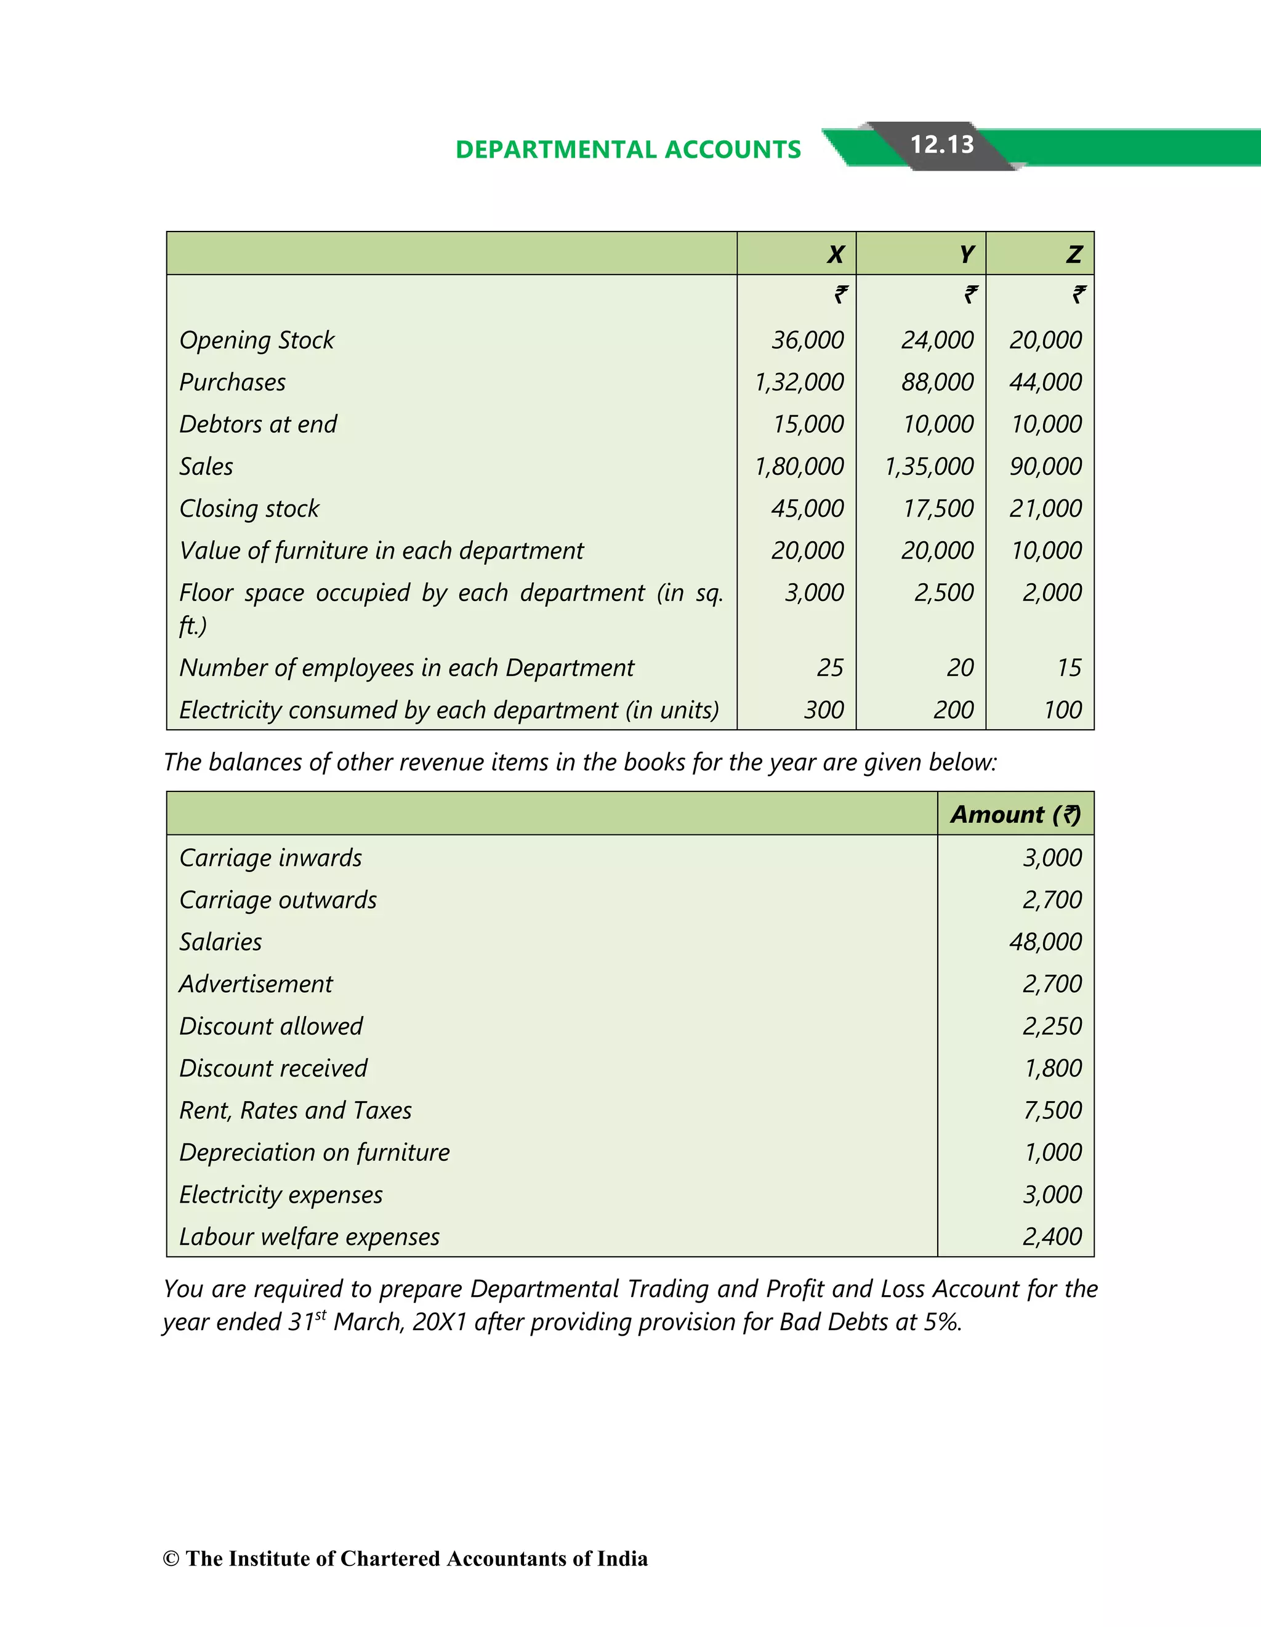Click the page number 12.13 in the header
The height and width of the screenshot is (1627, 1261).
941,145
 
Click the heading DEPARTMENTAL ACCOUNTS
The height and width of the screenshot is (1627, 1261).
628,150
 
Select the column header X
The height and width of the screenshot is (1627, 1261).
835,255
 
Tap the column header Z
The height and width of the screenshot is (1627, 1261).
1073,255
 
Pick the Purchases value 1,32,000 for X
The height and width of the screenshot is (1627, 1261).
799,382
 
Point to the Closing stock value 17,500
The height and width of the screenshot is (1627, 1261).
938,509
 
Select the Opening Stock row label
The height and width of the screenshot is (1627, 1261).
257,341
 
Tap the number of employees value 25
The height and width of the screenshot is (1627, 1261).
830,668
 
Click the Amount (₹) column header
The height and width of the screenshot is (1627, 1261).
1015,814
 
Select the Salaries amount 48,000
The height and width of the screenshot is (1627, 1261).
1045,942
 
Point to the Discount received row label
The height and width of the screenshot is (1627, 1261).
273,1068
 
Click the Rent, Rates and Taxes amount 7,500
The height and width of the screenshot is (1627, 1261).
1052,1111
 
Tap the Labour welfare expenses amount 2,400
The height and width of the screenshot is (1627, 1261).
1052,1237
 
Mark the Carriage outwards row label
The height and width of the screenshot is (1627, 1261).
278,900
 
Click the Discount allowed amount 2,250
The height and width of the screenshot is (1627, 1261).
1052,1027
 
